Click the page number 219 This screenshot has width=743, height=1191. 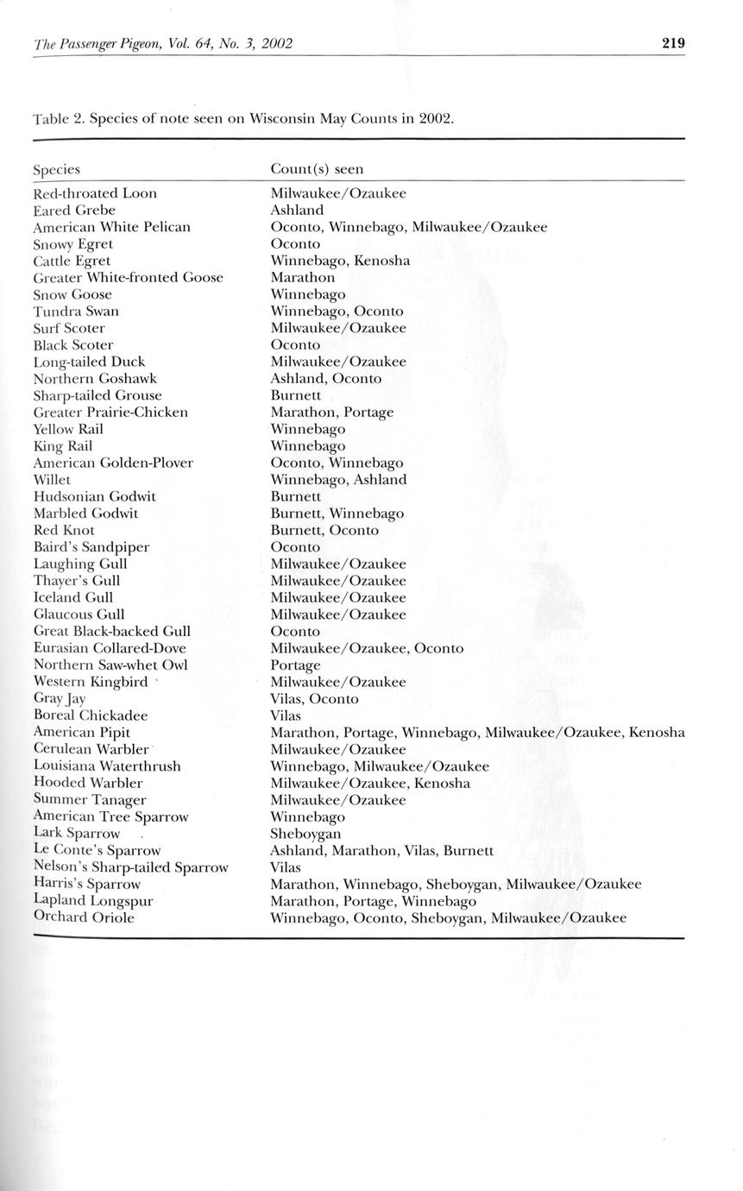pyautogui.click(x=673, y=43)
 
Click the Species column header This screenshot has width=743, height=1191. pyautogui.click(x=56, y=170)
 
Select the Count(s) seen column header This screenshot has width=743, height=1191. pyautogui.click(x=317, y=169)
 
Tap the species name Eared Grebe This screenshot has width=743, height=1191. pyautogui.click(x=74, y=210)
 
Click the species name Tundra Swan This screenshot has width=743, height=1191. pyautogui.click(x=76, y=311)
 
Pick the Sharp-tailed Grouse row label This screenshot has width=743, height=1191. pyautogui.click(x=98, y=395)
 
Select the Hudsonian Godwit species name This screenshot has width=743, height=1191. pyautogui.click(x=95, y=496)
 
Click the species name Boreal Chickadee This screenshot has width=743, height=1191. pyautogui.click(x=91, y=715)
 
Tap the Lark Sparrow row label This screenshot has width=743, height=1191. pyautogui.click(x=77, y=834)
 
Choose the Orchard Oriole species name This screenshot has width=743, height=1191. pyautogui.click(x=84, y=917)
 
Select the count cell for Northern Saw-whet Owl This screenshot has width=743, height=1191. pyautogui.click(x=295, y=665)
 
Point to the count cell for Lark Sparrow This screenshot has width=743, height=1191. pyautogui.click(x=305, y=834)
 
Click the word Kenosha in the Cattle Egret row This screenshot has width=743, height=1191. pyautogui.click(x=381, y=261)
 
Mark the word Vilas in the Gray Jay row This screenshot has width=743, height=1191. pyautogui.click(x=286, y=699)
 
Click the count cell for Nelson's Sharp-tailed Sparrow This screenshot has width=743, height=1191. pyautogui.click(x=286, y=867)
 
